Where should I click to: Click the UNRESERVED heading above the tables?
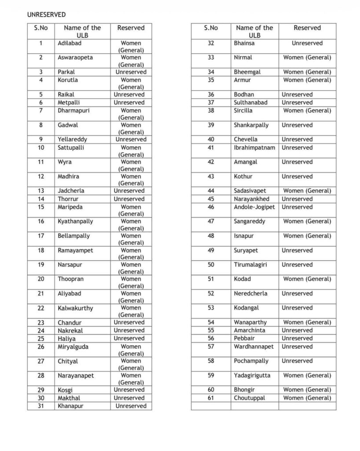pos(46,15)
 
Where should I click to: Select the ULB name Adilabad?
pos(70,43)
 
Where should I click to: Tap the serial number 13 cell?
pos(41,191)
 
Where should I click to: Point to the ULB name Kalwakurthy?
pos(75,308)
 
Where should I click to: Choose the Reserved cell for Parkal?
pos(131,72)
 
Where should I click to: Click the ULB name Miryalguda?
pos(73,347)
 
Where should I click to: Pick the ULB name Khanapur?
pos(70,406)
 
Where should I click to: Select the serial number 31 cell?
pos(41,406)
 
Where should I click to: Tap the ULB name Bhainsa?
pos(244,43)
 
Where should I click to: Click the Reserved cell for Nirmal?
pos(307,57)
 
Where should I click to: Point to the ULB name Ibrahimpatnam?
pos(254,148)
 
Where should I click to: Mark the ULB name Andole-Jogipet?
pos(254,207)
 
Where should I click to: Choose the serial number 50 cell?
pos(211,265)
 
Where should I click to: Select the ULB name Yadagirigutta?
pos(252,375)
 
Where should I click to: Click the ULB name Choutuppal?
pos(249,398)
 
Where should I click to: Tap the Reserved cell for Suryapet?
pos(297,250)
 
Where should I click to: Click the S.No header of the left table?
pos(41,28)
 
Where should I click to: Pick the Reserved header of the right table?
pos(307,28)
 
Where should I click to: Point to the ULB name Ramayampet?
pos(75,250)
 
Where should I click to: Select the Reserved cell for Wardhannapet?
pos(297,347)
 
